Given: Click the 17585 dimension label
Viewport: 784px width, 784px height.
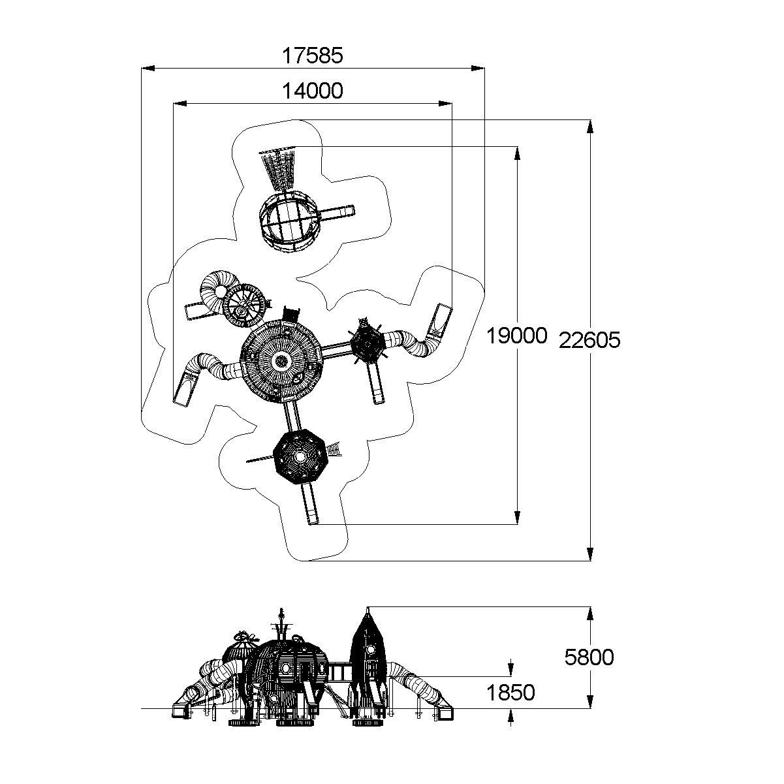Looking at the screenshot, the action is [x=313, y=55].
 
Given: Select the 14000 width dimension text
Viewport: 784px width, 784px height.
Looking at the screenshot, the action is [x=313, y=91].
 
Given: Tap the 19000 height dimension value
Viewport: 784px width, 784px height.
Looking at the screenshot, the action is [x=517, y=336].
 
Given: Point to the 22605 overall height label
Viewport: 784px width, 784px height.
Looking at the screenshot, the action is [x=589, y=340].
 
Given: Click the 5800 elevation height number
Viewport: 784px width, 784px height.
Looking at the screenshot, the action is [x=589, y=657].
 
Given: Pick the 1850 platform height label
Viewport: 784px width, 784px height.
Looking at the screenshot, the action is [x=510, y=693].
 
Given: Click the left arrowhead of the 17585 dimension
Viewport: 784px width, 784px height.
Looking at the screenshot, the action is [x=148, y=68].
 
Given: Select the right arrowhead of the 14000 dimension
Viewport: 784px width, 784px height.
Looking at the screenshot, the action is [x=445, y=103].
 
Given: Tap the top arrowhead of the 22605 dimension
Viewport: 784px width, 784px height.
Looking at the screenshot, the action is [x=590, y=127].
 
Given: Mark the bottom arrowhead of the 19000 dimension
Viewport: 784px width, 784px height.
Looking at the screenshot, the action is [x=517, y=518].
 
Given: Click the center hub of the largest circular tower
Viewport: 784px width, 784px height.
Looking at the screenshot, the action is [x=281, y=360].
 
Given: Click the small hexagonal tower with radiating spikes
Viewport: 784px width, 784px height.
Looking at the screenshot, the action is [x=368, y=340].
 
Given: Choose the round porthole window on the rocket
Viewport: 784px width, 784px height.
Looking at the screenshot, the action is [x=370, y=648].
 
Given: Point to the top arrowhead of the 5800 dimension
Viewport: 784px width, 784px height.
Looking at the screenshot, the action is [x=590, y=614].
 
